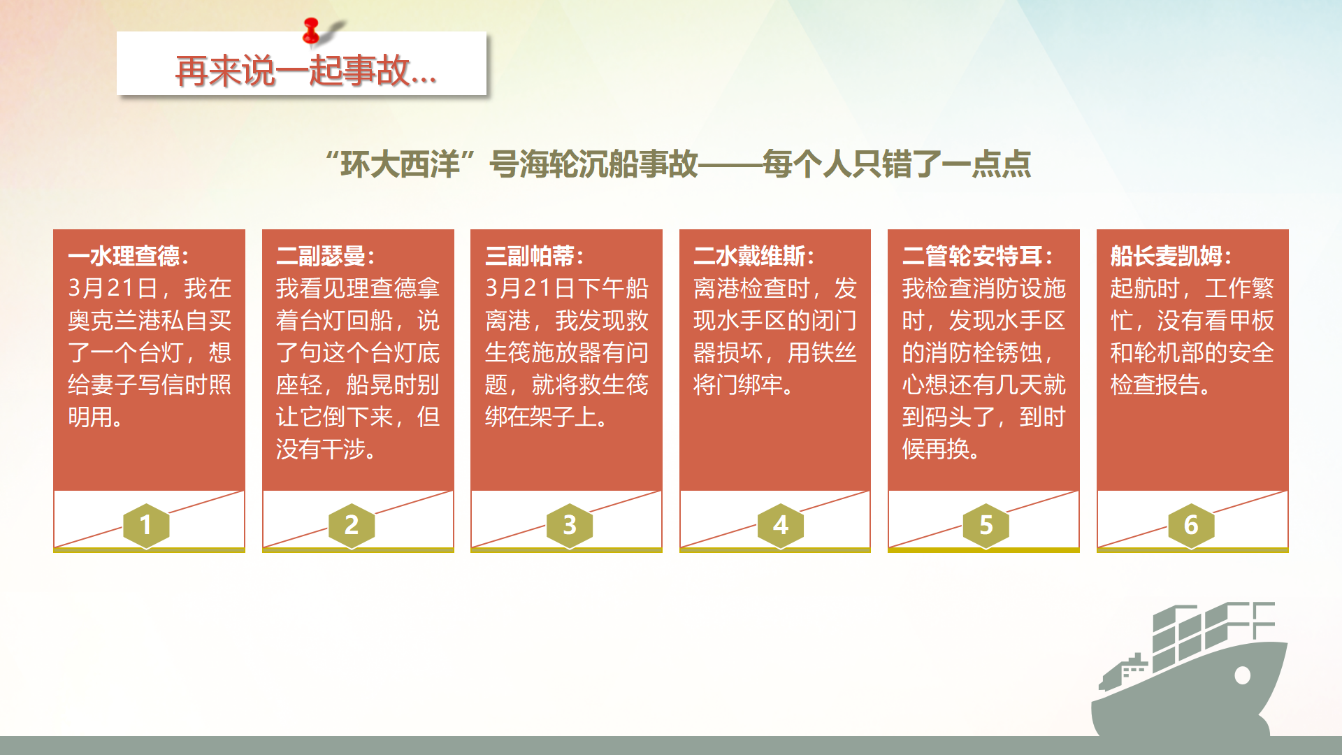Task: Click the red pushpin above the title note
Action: tap(312, 31)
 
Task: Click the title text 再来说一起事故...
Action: tap(306, 71)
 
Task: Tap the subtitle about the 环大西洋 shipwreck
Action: tap(678, 164)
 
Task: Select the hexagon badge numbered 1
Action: tap(146, 525)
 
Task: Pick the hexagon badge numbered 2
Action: tap(352, 525)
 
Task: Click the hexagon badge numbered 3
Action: tap(570, 525)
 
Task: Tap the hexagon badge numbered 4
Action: tap(781, 525)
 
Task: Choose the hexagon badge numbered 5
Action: tap(986, 525)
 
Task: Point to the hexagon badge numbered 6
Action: tap(1191, 525)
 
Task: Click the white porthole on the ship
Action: tap(1243, 675)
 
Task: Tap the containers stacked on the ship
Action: tap(1213, 633)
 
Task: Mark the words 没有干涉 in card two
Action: tap(321, 450)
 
